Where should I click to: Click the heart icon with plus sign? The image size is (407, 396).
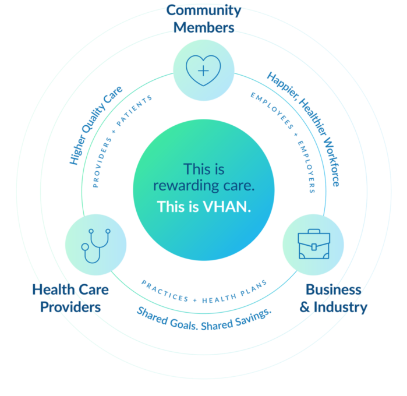point(203,71)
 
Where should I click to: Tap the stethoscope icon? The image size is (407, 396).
point(95,245)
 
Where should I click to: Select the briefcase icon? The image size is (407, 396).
point(313,245)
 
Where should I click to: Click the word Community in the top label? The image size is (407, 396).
point(203,10)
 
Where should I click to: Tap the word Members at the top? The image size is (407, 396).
point(203,27)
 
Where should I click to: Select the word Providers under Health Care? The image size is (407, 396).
point(70,306)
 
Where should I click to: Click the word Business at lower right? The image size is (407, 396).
point(333,289)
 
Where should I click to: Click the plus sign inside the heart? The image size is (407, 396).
point(203,71)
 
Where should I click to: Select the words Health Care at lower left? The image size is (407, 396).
point(70,289)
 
